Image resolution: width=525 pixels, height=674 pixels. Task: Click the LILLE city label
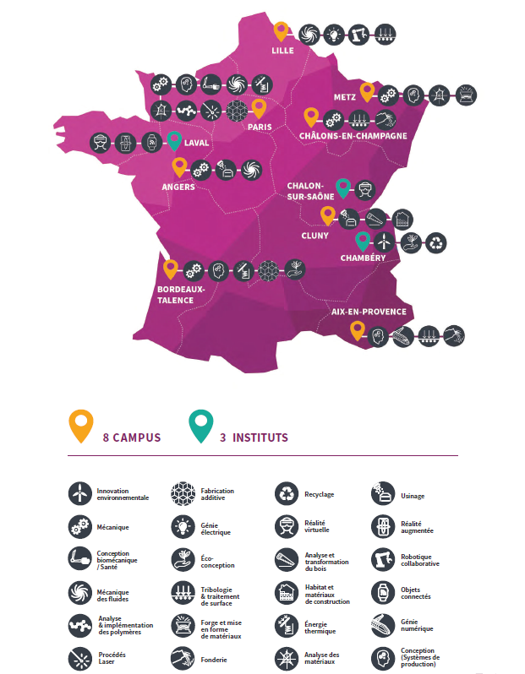[x=282, y=51]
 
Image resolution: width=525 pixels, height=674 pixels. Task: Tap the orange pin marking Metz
[x=367, y=90]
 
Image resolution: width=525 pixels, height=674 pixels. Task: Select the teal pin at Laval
[x=175, y=142]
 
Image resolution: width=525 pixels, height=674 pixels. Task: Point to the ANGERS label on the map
[x=178, y=187]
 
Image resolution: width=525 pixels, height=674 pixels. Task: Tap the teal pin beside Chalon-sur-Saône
[x=343, y=188]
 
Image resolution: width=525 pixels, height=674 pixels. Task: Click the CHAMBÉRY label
[x=364, y=258]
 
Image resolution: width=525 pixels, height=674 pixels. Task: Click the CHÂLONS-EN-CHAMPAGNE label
[x=353, y=135]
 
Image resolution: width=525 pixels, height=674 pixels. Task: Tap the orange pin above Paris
[x=259, y=108]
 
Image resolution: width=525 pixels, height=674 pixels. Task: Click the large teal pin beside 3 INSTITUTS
[x=201, y=427]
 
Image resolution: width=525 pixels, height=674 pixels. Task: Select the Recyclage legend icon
[x=287, y=493]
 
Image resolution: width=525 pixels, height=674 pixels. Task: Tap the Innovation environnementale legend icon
[x=79, y=493]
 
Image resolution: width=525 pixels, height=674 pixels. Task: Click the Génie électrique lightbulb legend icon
[x=183, y=527]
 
